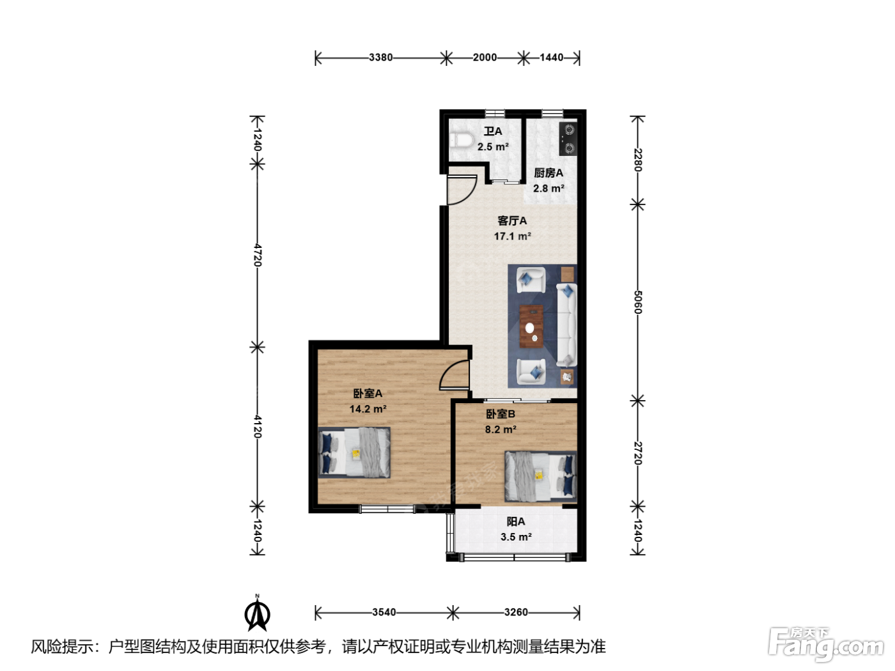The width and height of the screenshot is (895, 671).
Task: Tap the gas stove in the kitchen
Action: [x=568, y=139]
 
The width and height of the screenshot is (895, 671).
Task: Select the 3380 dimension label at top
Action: [x=380, y=58]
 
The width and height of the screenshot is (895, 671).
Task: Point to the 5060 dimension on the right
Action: [x=638, y=302]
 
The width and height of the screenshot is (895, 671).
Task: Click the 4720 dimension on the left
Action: [x=257, y=255]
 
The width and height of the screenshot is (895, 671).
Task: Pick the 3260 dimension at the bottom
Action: [x=516, y=612]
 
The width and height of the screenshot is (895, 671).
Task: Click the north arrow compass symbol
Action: [x=257, y=613]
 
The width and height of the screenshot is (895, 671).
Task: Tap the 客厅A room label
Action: [x=512, y=221]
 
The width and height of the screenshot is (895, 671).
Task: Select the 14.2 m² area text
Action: [x=368, y=408]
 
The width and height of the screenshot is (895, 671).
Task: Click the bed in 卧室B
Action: [x=541, y=476]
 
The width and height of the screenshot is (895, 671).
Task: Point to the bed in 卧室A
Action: [x=354, y=452]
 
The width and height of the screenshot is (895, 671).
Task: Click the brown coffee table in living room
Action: [x=531, y=327]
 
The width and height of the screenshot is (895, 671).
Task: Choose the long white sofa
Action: [x=567, y=325]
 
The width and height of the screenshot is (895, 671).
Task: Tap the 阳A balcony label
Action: [x=516, y=521]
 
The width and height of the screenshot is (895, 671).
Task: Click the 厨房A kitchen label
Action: [x=549, y=173]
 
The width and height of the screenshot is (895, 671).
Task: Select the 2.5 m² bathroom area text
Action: [x=493, y=147]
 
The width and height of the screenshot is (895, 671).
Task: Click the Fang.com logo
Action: [x=826, y=645]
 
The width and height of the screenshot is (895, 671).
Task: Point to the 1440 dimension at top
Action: [x=551, y=58]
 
